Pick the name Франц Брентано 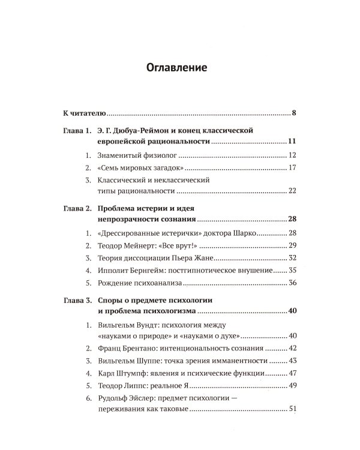[124, 348]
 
